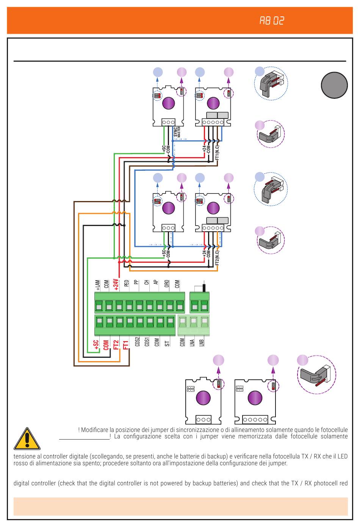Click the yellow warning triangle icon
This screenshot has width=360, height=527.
click(27, 439)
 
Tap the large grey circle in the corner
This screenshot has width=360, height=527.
click(334, 85)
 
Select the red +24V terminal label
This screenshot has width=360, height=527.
click(116, 285)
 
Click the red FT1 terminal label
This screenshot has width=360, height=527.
click(126, 345)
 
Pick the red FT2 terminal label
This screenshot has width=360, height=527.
click(116, 345)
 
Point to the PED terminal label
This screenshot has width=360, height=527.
click(127, 283)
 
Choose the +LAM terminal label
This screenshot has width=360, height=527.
click(97, 285)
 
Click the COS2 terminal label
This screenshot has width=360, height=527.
click(137, 342)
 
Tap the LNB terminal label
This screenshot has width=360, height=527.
click(202, 343)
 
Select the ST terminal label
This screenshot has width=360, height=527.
click(167, 343)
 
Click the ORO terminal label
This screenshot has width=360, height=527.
click(167, 284)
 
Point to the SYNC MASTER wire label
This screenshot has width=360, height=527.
click(177, 132)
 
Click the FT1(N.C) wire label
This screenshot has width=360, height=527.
click(217, 152)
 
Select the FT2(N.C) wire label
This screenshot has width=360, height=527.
click(217, 257)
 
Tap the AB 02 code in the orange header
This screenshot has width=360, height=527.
click(272, 21)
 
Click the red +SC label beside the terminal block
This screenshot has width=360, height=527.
click(96, 345)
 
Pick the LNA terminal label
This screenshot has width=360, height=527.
click(192, 343)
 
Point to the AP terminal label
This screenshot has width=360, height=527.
click(156, 282)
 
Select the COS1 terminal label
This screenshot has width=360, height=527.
click(147, 342)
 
